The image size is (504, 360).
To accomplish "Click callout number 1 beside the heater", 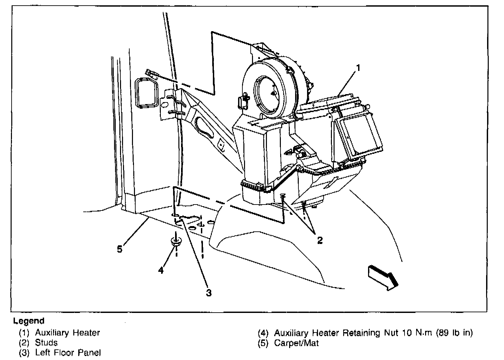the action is (358, 68).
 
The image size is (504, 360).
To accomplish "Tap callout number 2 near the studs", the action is (320, 240).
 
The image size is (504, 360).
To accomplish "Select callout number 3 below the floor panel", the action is (209, 293).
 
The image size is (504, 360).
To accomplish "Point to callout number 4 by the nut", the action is (161, 270).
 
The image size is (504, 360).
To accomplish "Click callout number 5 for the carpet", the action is (120, 249).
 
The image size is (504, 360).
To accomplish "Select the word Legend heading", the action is (29, 321).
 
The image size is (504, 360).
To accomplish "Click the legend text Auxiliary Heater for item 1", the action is (67, 332).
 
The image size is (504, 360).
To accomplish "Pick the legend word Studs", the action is (46, 342).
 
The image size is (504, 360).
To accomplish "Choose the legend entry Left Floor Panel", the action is (68, 353).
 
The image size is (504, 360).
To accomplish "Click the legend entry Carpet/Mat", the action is (296, 343).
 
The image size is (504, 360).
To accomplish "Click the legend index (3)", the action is (24, 353).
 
